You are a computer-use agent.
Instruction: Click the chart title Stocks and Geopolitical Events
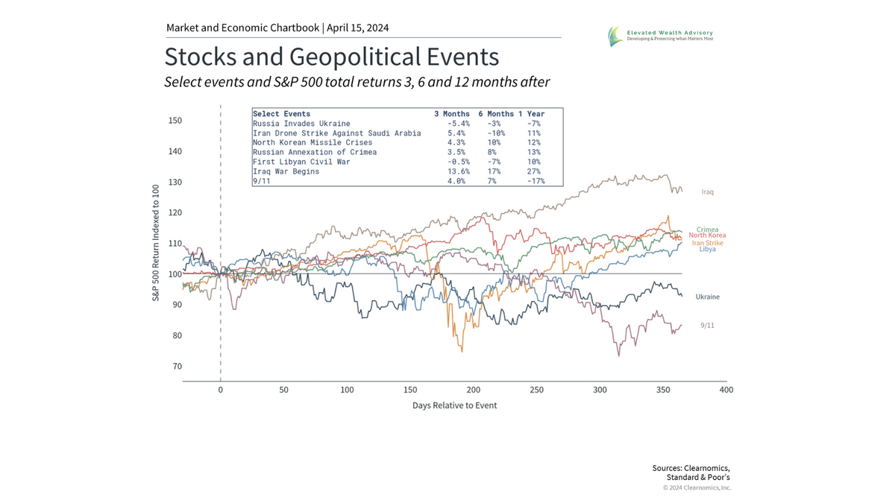331,57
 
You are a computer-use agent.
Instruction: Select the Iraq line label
708,192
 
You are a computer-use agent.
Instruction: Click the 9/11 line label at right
708,326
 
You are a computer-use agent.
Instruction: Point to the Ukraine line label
707,297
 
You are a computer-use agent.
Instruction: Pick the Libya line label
708,249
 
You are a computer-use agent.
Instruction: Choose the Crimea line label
708,230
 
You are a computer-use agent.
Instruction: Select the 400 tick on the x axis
726,390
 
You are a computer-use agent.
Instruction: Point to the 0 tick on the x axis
220,390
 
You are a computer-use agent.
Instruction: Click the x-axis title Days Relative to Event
454,405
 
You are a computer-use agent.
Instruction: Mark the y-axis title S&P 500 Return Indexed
157,244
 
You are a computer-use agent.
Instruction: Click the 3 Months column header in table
452,114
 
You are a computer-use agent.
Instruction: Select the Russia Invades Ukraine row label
301,124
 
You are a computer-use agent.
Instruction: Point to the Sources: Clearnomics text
691,468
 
